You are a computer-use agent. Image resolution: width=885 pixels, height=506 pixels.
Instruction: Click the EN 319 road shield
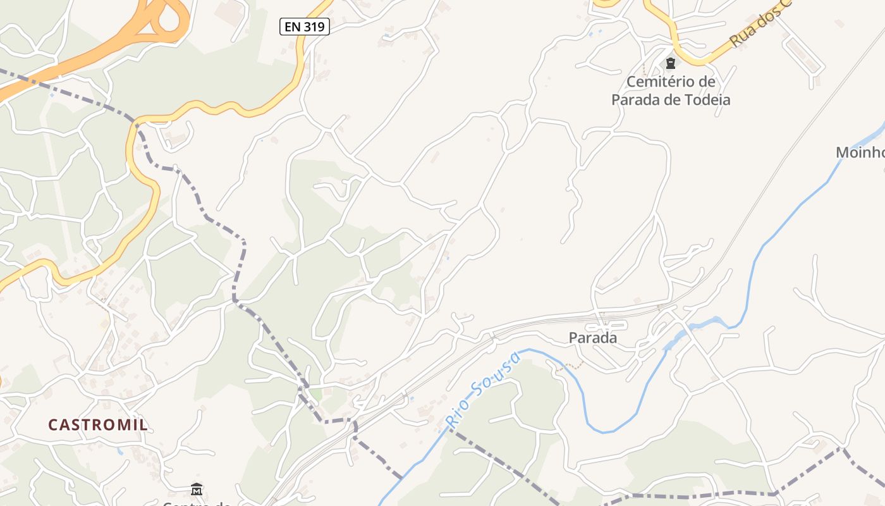click(305, 27)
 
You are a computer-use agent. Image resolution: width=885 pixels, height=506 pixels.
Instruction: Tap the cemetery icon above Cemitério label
click(670, 63)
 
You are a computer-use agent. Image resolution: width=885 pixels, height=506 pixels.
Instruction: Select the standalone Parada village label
click(592, 338)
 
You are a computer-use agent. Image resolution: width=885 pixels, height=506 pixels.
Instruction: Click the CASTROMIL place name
click(98, 424)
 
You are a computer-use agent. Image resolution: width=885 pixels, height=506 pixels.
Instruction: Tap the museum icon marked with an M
click(196, 489)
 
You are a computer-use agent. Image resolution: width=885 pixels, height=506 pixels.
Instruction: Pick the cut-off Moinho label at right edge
click(860, 152)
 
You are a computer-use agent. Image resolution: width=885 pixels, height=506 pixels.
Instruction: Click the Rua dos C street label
click(759, 25)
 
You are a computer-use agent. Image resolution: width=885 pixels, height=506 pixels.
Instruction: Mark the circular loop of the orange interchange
click(169, 16)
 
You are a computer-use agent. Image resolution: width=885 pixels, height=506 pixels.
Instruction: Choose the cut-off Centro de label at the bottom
click(196, 503)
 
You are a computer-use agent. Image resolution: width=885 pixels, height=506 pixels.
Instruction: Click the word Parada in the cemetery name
click(635, 100)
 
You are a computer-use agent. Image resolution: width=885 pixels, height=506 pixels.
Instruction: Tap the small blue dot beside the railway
click(412, 398)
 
